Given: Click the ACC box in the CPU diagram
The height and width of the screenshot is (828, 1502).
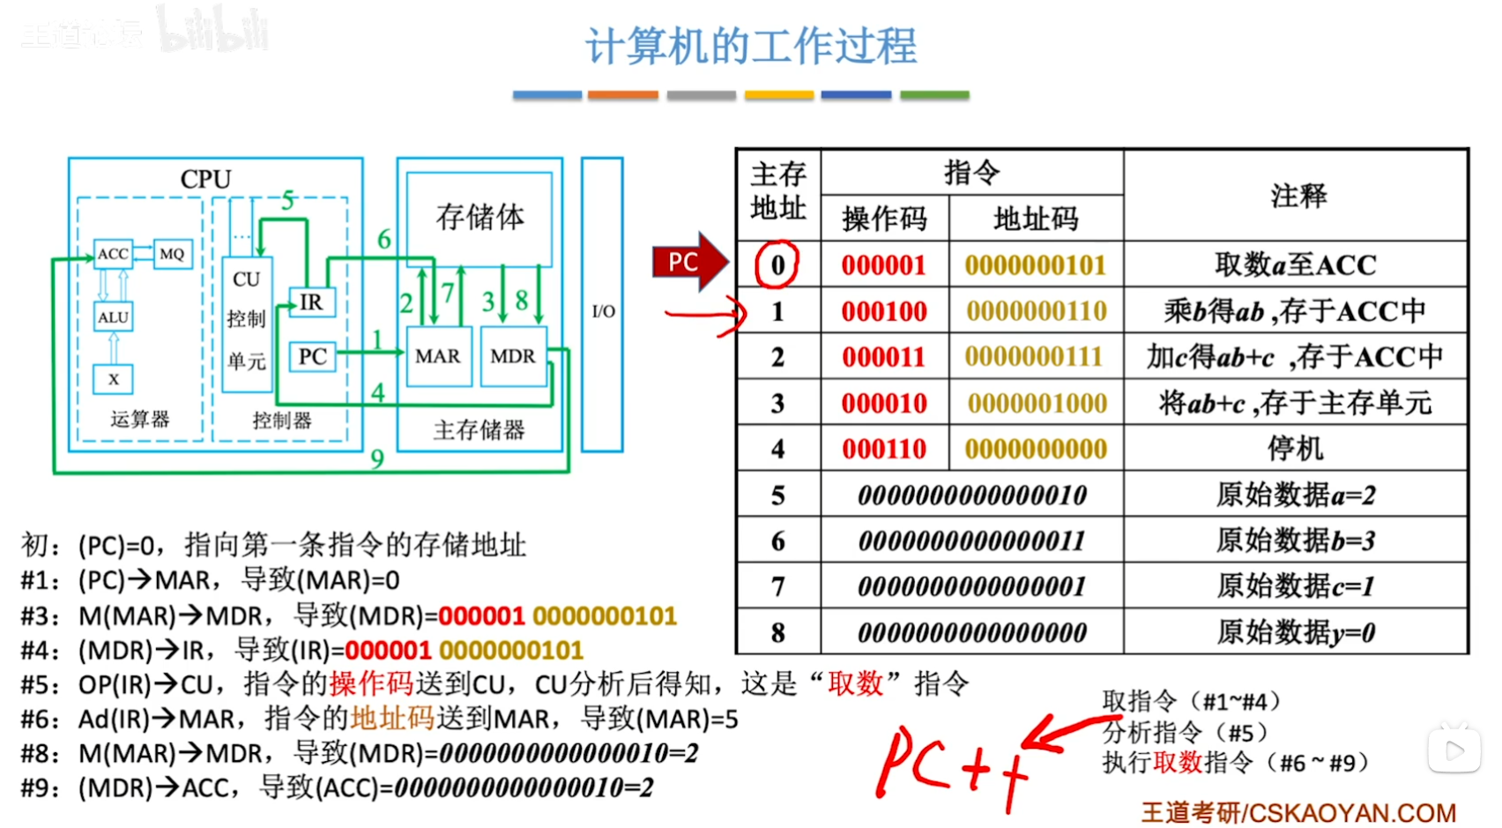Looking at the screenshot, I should (113, 254).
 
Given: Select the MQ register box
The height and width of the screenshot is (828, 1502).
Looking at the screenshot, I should (172, 254).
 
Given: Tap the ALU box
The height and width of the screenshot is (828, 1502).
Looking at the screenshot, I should (113, 317).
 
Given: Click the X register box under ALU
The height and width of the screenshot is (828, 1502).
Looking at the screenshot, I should (113, 379).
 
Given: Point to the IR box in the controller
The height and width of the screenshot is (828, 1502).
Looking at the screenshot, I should (310, 302).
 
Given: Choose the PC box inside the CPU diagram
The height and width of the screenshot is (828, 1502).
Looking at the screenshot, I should (312, 356).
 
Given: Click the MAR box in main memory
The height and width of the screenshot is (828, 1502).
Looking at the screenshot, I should (438, 356).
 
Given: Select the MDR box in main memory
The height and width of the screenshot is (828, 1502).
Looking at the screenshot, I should (513, 356).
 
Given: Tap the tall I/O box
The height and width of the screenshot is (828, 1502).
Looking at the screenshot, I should (603, 305).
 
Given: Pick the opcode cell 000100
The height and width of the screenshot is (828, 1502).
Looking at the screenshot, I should (884, 311).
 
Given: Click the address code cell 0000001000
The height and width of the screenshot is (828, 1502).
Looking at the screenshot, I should (1037, 404).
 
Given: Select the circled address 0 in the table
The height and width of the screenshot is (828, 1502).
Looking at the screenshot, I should (777, 265).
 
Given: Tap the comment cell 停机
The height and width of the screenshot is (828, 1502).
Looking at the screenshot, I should (1295, 449).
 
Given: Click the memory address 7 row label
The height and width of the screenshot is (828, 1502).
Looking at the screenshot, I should (777, 586).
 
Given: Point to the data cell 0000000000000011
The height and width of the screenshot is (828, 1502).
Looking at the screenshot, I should (971, 541).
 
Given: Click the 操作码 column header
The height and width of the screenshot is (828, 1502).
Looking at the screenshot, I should (884, 219).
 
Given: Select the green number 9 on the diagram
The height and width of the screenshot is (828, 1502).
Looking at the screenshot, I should (377, 459).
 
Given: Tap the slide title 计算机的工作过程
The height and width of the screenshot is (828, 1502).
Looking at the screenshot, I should (751, 46).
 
